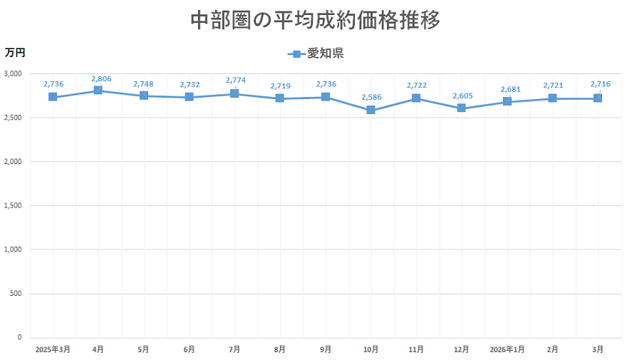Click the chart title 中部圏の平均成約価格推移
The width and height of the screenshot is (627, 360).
pyautogui.click(x=315, y=20)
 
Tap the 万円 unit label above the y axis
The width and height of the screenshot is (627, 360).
pyautogui.click(x=15, y=52)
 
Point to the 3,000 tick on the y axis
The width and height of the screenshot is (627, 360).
pyautogui.click(x=14, y=74)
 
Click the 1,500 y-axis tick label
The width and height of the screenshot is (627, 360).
pyautogui.click(x=14, y=206)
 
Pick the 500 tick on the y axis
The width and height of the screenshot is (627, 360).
pyautogui.click(x=17, y=294)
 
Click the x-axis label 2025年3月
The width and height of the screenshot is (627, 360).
pyautogui.click(x=53, y=349)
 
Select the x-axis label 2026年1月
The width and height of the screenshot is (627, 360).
pyautogui.click(x=507, y=349)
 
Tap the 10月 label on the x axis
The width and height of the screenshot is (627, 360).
pyautogui.click(x=370, y=349)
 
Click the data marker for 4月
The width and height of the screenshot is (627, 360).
pyautogui.click(x=98, y=91)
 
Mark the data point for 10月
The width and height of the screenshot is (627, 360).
pyautogui.click(x=370, y=110)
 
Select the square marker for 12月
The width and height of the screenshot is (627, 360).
pyautogui.click(x=462, y=108)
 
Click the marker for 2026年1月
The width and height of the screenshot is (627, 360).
pyautogui.click(x=507, y=102)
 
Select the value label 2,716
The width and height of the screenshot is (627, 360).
pyautogui.click(x=600, y=84)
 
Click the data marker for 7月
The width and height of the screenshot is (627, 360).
pyautogui.click(x=234, y=93)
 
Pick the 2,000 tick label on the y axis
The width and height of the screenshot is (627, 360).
pyautogui.click(x=14, y=162)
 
